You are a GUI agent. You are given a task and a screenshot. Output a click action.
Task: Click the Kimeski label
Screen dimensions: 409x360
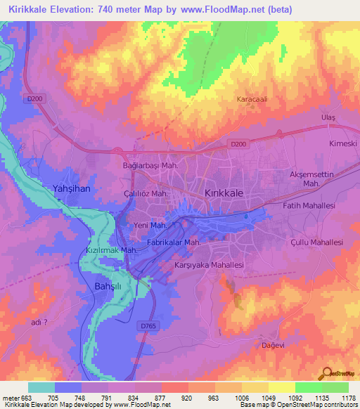342,143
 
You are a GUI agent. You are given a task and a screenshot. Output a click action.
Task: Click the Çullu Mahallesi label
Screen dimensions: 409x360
316,242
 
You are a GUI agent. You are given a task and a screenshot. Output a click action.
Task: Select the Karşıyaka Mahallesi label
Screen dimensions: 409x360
209,266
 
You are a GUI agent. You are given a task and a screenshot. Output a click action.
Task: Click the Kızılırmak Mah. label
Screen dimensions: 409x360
111,250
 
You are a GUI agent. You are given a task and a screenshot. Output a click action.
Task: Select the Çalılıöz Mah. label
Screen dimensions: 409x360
143,193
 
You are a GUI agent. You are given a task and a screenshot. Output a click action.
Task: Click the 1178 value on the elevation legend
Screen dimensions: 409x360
347,398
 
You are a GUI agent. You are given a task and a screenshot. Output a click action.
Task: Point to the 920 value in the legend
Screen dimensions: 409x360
186,398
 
